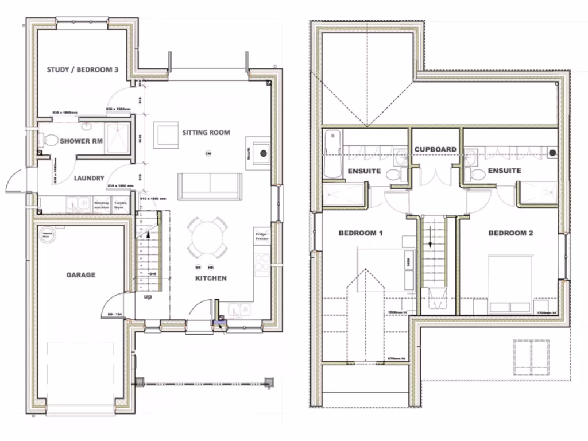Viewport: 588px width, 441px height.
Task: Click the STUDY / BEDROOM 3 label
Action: point(82,70)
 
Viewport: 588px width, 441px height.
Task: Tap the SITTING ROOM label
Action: point(206,133)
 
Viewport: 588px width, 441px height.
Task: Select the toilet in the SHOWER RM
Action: point(50,140)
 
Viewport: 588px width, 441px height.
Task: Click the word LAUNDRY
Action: point(89,178)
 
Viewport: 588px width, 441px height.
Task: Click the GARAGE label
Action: point(80,275)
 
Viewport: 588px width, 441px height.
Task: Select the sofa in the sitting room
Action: point(210,185)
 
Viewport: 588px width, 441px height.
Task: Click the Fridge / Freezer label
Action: point(262,237)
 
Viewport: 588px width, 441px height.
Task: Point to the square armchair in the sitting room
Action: point(165,134)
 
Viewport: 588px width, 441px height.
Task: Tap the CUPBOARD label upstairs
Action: point(435,149)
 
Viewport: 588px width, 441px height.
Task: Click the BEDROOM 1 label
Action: point(361,233)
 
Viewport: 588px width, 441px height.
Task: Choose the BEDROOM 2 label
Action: point(510,233)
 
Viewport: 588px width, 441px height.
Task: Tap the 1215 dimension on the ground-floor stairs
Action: point(152,274)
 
